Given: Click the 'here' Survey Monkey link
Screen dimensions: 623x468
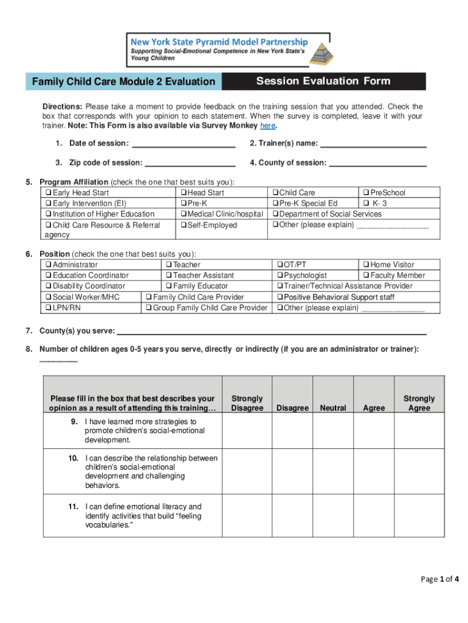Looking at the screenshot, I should [x=267, y=126].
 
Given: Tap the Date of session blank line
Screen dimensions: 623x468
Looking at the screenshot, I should [x=183, y=144].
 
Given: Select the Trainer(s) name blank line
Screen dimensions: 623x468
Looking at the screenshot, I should [x=373, y=144].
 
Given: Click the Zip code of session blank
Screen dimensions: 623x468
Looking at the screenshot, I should [x=190, y=163].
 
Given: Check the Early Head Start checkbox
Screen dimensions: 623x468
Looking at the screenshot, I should [x=48, y=193].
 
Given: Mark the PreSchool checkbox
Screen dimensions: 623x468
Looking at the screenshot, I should [x=366, y=193].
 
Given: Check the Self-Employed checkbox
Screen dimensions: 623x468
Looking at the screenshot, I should [x=183, y=225].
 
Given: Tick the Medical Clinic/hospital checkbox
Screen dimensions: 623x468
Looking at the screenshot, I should [x=183, y=214].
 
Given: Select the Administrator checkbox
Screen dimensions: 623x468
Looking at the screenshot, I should [x=48, y=265].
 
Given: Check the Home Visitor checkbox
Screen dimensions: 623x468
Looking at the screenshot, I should [x=366, y=265].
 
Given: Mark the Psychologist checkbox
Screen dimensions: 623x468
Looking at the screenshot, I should [x=280, y=276].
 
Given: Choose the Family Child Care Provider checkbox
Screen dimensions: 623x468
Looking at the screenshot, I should [x=148, y=297].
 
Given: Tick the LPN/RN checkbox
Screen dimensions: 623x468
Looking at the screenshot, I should [x=48, y=308].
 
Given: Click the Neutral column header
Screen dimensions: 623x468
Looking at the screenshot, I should [x=332, y=408].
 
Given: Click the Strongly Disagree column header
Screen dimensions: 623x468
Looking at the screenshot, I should [x=247, y=403].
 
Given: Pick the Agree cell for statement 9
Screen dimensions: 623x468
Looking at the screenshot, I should [x=374, y=431].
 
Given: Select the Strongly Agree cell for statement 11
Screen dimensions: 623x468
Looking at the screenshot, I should [x=419, y=516].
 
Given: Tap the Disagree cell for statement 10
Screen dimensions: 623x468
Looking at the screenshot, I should [x=292, y=472].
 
